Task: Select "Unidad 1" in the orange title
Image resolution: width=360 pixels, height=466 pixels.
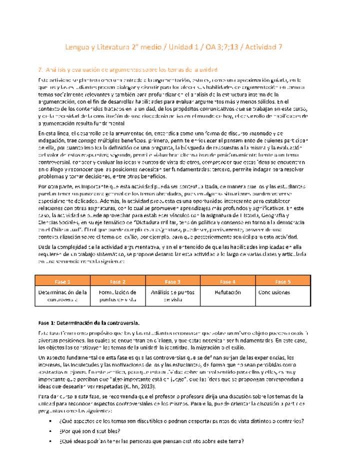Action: pos(179,47)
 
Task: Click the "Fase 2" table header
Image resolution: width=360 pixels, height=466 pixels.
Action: pos(117,281)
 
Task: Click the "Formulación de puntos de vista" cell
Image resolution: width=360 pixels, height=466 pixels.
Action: pos(117,295)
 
